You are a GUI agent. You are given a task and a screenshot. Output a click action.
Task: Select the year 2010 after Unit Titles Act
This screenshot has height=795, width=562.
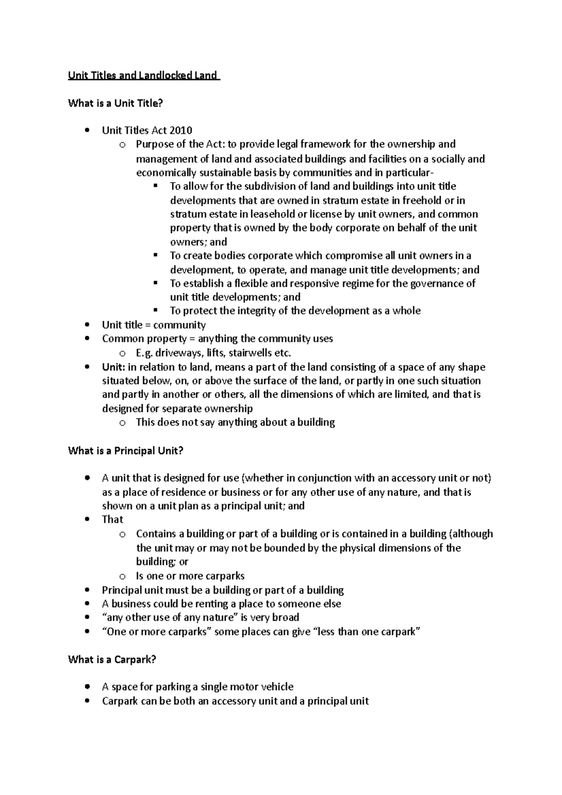(x=180, y=130)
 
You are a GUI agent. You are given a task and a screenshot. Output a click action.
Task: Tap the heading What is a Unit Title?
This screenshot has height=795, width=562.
(x=115, y=103)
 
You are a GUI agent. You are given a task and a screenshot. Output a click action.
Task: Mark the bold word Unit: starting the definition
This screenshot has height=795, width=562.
(x=113, y=367)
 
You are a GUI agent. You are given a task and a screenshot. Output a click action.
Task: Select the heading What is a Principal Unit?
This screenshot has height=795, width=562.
(x=126, y=451)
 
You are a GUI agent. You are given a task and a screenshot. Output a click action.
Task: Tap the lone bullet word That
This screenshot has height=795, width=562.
(x=112, y=520)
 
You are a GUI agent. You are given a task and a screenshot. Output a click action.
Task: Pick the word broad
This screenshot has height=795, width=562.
(x=285, y=618)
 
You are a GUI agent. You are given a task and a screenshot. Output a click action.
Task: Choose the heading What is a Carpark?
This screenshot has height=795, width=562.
(x=111, y=660)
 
